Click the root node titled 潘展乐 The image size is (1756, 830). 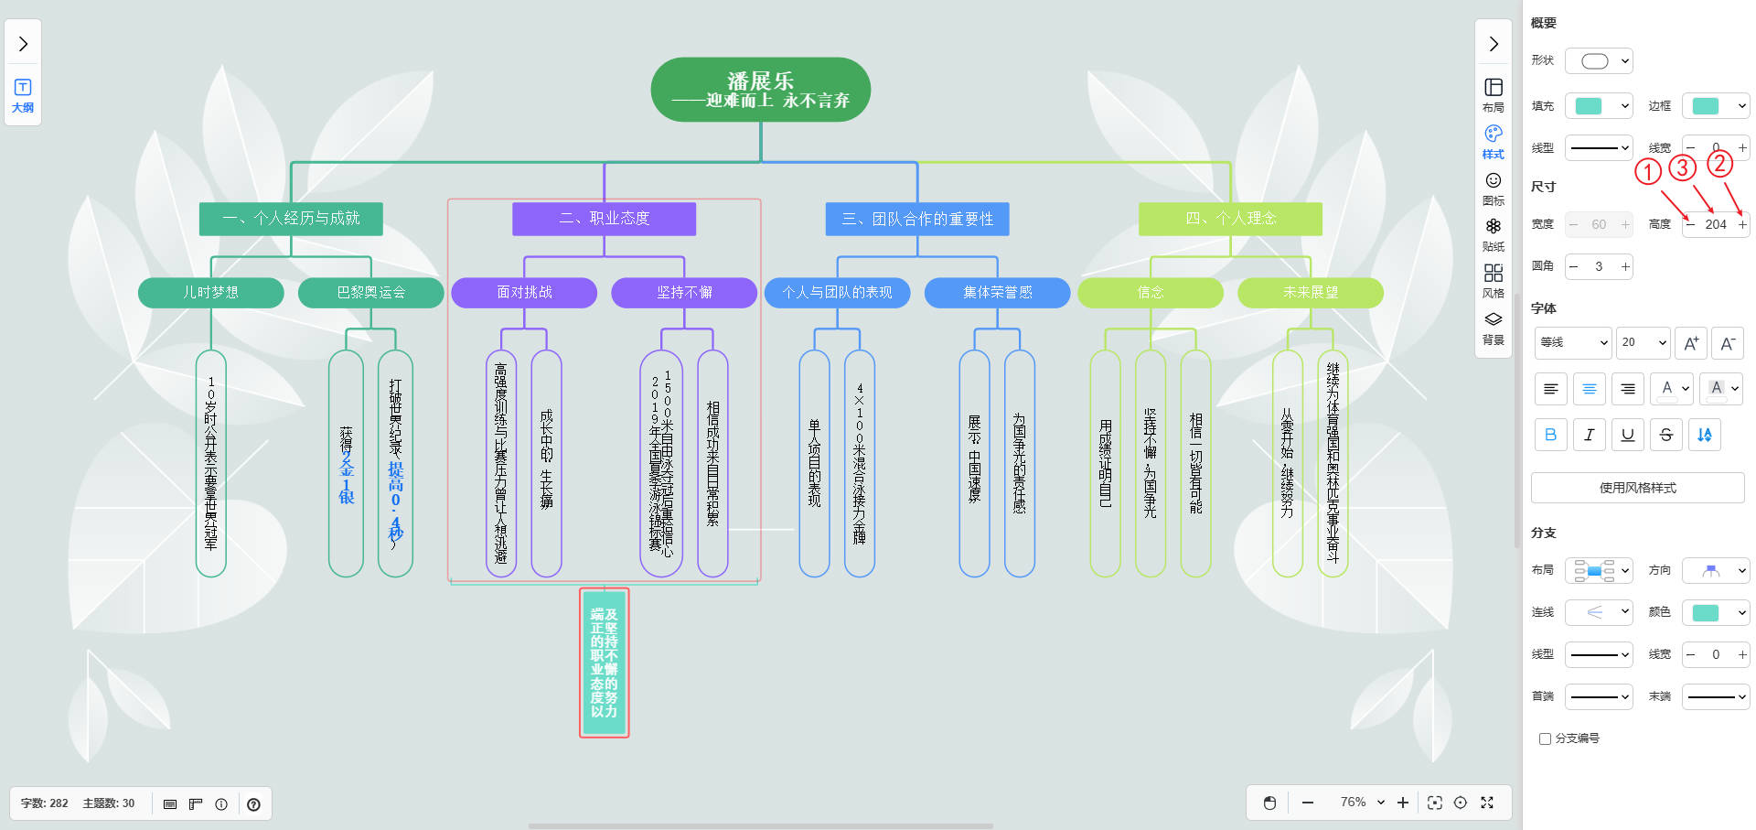pos(760,90)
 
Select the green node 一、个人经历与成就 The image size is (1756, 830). pos(291,219)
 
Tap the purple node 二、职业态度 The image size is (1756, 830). pos(604,219)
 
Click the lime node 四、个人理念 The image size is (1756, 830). pos(1230,219)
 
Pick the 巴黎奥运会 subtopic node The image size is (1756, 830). pos(370,293)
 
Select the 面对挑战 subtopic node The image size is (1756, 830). pos(524,293)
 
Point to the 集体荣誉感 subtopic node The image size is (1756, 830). pos(997,293)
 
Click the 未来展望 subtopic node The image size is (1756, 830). pos(1310,293)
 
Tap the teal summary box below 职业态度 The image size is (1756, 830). pos(604,663)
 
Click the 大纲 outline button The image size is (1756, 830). pos(23,95)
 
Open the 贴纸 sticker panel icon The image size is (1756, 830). pos(1494,234)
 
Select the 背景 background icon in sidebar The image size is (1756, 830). pos(1494,328)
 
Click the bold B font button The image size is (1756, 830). pos(1550,435)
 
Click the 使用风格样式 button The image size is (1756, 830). pos(1637,488)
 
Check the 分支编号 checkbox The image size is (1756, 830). pos(1546,738)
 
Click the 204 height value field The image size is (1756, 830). pos(1716,224)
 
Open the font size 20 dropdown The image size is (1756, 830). pos(1643,342)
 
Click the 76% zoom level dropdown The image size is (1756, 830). pos(1362,803)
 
